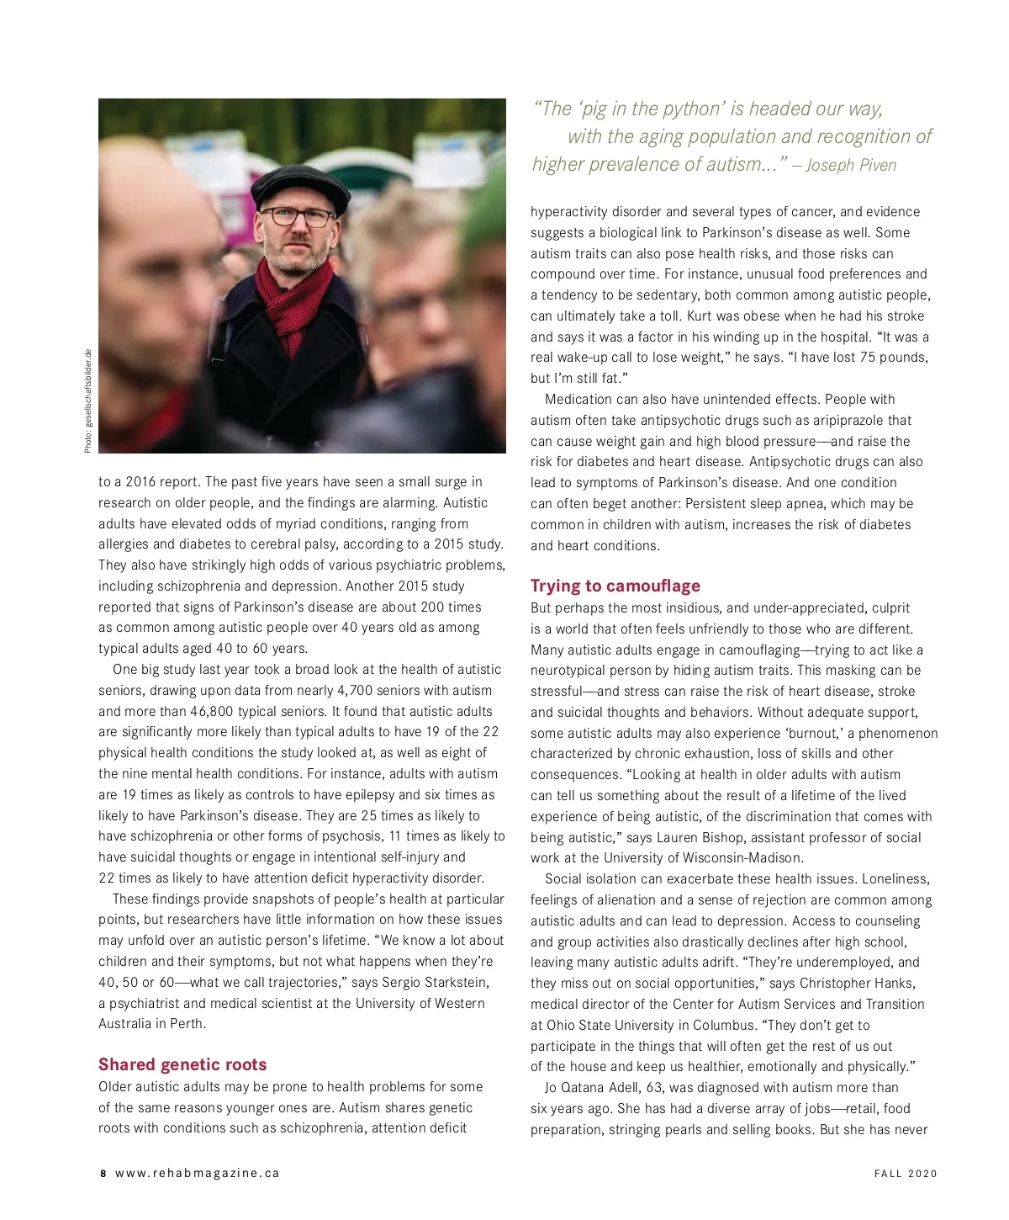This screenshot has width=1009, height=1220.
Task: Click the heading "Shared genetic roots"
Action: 182,1064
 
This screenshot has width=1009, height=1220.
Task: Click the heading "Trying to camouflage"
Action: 615,586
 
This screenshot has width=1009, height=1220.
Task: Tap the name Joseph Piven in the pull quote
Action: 851,166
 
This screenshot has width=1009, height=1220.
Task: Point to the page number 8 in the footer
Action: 103,1174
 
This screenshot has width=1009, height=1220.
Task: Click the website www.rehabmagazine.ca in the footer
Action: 198,1174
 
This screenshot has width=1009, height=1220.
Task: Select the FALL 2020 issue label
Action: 906,1174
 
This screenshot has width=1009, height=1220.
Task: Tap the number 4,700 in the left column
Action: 359,691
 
